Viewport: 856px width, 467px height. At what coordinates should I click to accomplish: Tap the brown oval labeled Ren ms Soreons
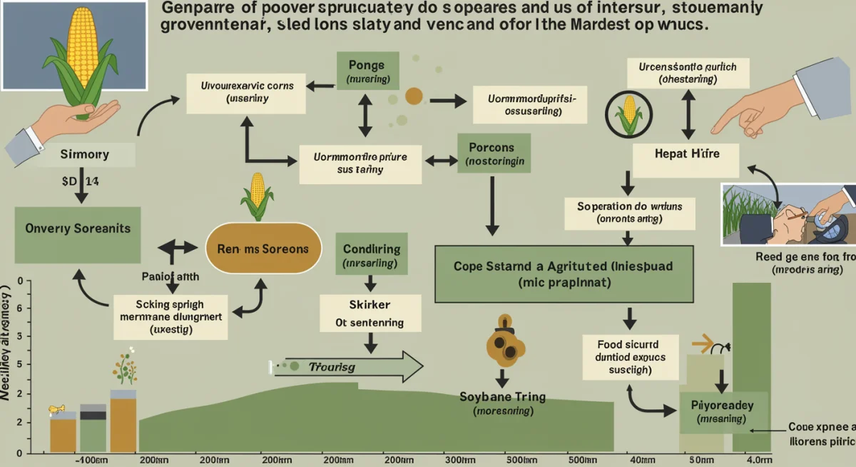pyautogui.click(x=263, y=249)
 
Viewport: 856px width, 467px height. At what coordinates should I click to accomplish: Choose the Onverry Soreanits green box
pyautogui.click(x=77, y=229)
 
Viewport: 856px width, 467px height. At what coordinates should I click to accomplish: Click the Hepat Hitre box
pyautogui.click(x=686, y=154)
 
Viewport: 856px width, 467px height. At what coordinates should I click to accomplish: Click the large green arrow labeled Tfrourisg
pyautogui.click(x=350, y=366)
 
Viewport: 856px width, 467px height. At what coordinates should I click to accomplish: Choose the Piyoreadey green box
pyautogui.click(x=723, y=413)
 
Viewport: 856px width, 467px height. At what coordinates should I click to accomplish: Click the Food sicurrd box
pyautogui.click(x=626, y=356)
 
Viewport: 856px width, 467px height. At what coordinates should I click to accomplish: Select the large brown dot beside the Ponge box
pyautogui.click(x=414, y=96)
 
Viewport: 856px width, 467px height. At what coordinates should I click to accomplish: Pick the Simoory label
pyautogui.click(x=85, y=154)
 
